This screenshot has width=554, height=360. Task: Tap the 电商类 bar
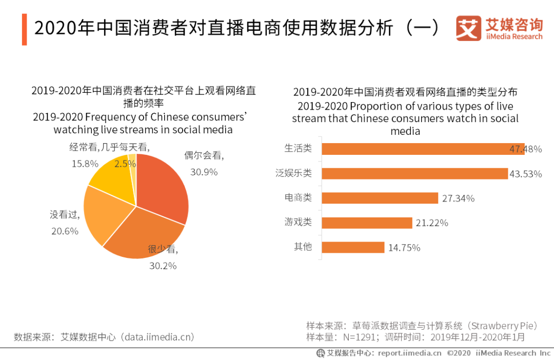(380, 198)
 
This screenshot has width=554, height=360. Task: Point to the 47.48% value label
(525, 149)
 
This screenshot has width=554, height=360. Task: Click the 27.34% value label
(458, 198)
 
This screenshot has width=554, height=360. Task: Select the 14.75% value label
(404, 248)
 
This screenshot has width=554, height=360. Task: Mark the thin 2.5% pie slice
(133, 162)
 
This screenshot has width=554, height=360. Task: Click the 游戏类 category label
(298, 222)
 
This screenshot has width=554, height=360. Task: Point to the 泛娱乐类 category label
(293, 173)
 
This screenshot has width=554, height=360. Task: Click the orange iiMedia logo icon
(468, 28)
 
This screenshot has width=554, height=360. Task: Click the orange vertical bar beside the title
(24, 29)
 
